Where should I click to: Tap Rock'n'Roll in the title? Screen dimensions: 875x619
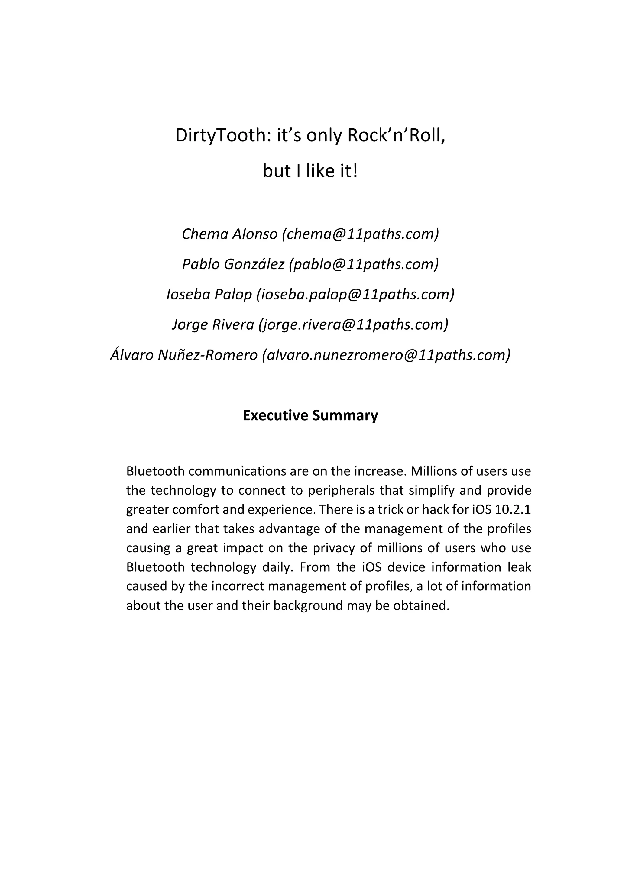[x=396, y=136]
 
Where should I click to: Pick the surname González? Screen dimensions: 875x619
[x=254, y=264]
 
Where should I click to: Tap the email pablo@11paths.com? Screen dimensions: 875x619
[x=364, y=264]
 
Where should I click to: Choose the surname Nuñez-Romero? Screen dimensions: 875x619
[x=208, y=355]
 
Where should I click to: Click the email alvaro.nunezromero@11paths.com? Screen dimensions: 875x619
[x=386, y=355]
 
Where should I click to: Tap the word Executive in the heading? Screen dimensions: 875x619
[x=275, y=415]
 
